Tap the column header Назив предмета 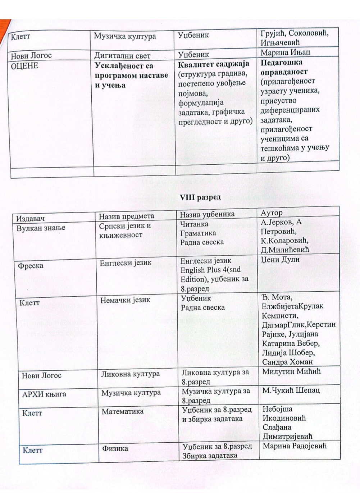click(126, 216)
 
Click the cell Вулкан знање click(41, 228)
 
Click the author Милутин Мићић click(291, 371)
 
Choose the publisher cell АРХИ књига click(44, 394)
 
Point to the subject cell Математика click(122, 411)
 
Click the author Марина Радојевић click(295, 446)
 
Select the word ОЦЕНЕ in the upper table click(24, 66)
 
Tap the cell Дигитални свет click(122, 56)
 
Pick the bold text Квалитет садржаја click(214, 64)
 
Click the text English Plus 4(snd click(210, 270)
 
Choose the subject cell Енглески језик click(126, 263)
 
